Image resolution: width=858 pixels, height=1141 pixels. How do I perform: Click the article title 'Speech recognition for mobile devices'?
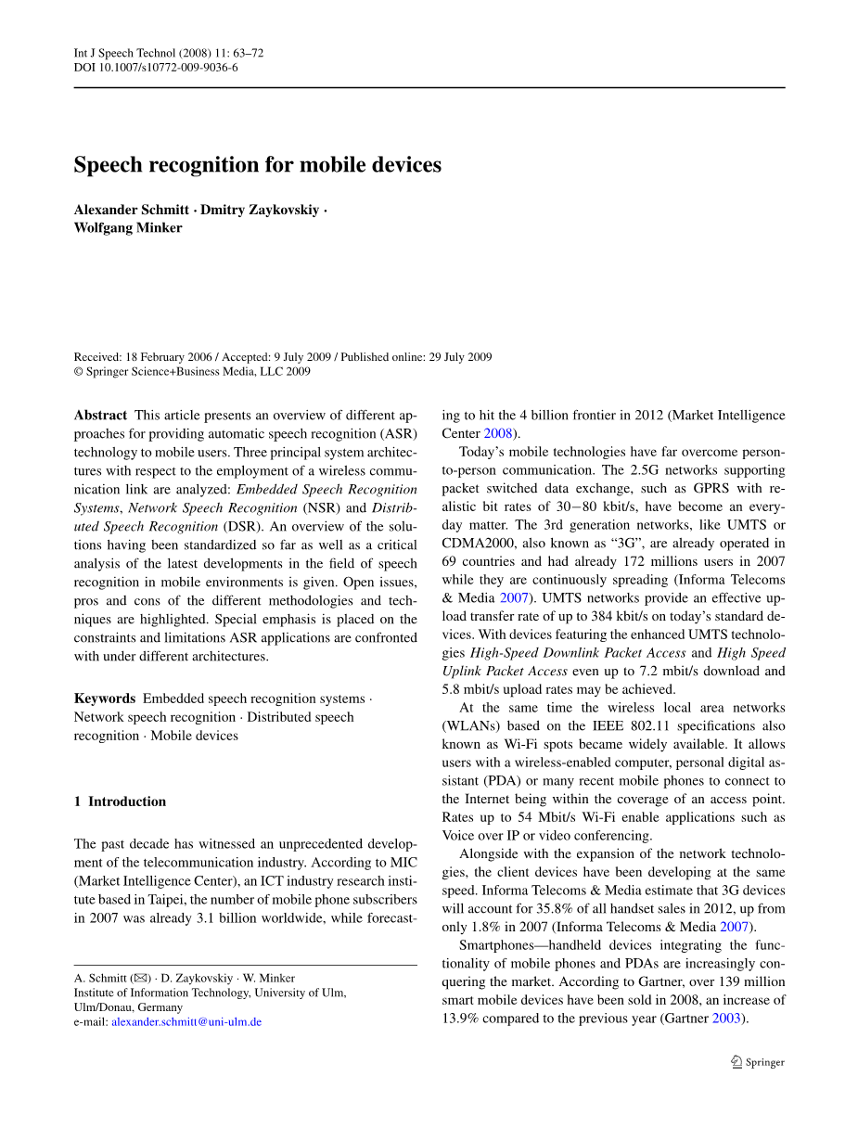point(258,165)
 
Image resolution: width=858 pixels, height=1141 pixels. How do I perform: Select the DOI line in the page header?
point(156,68)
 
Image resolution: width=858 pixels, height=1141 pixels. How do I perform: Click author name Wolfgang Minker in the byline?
point(128,228)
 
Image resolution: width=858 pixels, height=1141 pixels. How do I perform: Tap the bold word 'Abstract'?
point(100,416)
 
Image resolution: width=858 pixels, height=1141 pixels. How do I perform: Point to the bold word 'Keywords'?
point(105,699)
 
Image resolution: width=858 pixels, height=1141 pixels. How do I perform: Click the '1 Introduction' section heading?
point(121,801)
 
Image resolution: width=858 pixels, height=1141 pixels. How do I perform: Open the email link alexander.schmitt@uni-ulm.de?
point(186,1022)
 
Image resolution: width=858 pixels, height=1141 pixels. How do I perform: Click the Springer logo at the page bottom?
point(758,1063)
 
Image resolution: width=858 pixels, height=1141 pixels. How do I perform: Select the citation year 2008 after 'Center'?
point(498,433)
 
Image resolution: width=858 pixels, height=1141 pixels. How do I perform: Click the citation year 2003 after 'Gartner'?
point(727,1019)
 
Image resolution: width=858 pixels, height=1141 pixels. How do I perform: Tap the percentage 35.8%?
point(602,908)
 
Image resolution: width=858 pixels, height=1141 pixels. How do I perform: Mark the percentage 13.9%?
point(462,1019)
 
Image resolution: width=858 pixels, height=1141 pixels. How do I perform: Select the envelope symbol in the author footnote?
point(141,978)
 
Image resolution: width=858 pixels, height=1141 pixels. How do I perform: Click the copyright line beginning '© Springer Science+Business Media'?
point(192,372)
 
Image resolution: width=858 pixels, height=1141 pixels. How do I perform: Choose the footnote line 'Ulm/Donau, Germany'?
point(128,1007)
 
